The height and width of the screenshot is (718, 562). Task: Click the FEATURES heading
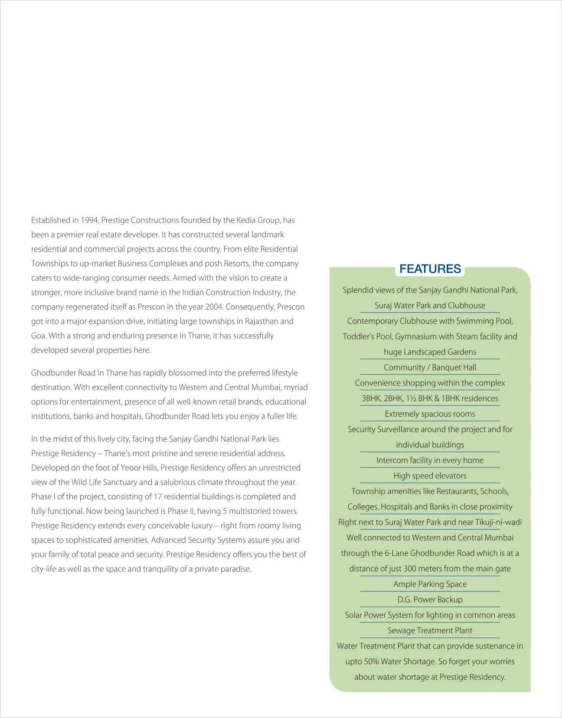point(430,269)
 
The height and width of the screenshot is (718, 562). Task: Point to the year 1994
point(89,220)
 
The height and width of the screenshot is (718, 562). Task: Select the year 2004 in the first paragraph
point(213,307)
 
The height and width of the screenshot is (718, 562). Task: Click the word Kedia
point(248,220)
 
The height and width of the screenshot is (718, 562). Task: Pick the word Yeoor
point(131,468)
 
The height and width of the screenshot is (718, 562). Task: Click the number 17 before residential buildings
point(157,496)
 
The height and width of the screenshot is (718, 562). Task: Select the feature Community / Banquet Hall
point(430,368)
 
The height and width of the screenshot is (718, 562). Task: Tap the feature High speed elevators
point(430,476)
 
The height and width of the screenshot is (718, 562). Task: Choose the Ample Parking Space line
point(430,584)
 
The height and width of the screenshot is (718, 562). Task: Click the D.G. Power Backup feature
point(430,600)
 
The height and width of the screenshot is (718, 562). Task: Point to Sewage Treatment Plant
point(430,631)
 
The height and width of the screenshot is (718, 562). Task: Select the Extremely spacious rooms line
point(430,414)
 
